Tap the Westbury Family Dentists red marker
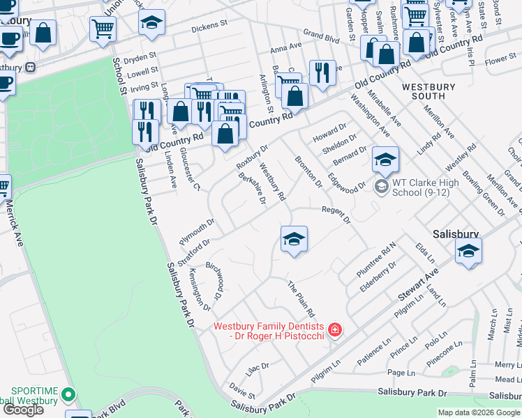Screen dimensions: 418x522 pos(335,329)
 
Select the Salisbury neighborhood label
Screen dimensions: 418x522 pos(456,235)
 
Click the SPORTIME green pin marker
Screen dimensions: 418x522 pos(68,394)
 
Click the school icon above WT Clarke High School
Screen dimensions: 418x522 pos(385,160)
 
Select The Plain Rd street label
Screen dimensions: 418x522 pos(301,298)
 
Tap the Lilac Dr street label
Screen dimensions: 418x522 pos(256,365)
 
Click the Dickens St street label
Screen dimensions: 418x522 pos(210,26)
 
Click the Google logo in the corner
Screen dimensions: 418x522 pos(23,410)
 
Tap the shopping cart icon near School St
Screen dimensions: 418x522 pos(103,29)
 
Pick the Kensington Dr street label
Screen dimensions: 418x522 pos(200,291)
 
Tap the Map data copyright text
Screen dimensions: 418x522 pos(479,412)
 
